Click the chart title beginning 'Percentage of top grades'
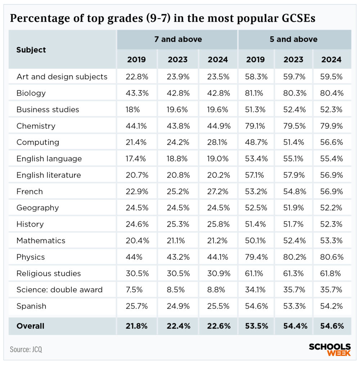(x=162, y=18)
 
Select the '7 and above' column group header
(x=178, y=39)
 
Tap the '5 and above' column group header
(x=294, y=39)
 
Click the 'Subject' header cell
(x=31, y=50)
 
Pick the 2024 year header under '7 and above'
(x=218, y=59)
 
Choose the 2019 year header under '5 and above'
(x=256, y=59)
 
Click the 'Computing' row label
(x=38, y=142)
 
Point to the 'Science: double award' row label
(x=59, y=290)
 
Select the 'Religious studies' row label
(x=49, y=273)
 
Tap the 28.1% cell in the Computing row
(x=218, y=142)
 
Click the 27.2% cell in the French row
(x=218, y=191)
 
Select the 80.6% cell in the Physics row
(x=332, y=257)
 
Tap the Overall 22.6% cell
(x=218, y=326)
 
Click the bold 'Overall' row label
(x=30, y=326)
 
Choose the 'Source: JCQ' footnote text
(x=26, y=349)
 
